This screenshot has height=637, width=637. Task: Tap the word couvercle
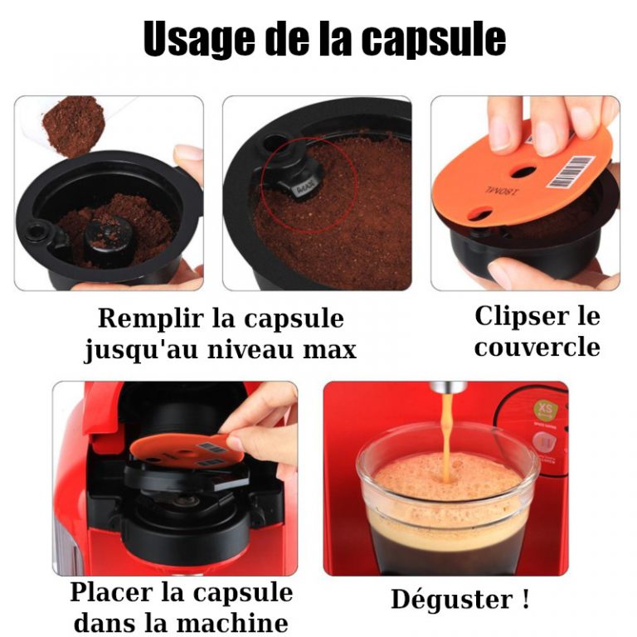point(537,347)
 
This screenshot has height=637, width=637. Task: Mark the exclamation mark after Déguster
point(526,598)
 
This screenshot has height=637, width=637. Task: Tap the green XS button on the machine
point(545,410)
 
